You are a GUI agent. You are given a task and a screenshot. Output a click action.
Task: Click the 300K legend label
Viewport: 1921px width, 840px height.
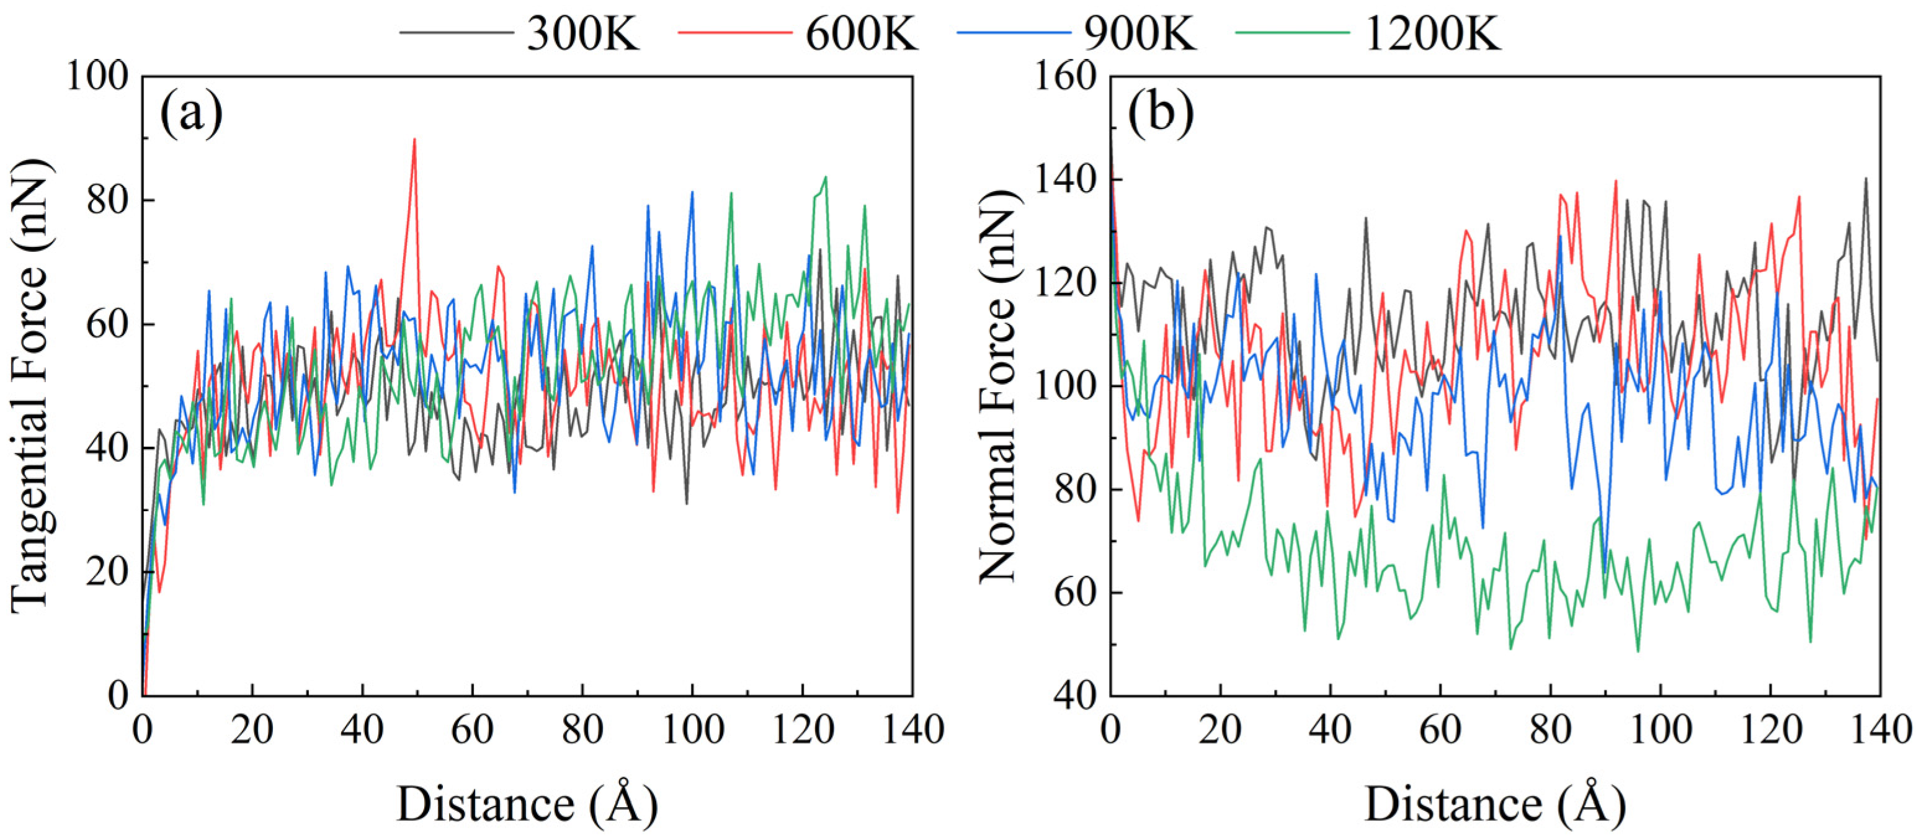coord(583,34)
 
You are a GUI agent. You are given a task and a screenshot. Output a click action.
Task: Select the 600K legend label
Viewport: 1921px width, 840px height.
coord(862,34)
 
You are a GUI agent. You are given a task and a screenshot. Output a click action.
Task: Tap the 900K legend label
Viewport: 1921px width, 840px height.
coord(1139,34)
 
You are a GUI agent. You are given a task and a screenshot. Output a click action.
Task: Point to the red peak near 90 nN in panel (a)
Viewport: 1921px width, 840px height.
coord(414,140)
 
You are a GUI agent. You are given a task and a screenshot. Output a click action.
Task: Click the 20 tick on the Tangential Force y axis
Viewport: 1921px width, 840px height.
coord(107,572)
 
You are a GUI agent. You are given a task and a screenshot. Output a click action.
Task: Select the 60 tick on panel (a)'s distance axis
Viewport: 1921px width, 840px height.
coord(472,729)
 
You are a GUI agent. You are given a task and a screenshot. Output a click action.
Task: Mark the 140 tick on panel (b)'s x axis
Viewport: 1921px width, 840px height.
coord(1880,729)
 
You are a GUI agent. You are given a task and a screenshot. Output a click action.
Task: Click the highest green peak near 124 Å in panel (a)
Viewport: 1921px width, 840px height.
coord(826,177)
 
